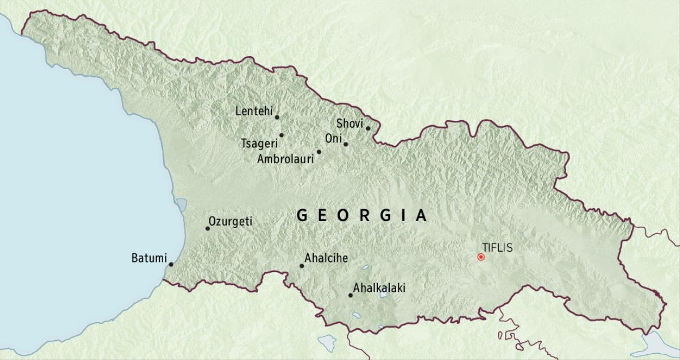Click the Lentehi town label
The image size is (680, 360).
tap(253, 111)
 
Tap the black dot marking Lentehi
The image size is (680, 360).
tap(277, 117)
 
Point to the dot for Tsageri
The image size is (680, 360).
tap(282, 135)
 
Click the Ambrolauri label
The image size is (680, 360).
tap(285, 159)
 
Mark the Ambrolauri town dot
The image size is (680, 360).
tap(319, 152)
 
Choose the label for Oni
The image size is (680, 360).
tap(333, 139)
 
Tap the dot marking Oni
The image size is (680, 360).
tap(346, 144)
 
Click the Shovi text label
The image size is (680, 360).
tap(349, 123)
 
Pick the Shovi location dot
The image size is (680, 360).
tap(368, 128)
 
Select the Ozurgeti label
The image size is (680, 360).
tap(230, 221)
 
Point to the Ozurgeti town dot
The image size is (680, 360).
tap(208, 228)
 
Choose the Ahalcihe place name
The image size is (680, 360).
tap(326, 259)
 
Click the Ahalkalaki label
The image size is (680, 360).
tap(379, 288)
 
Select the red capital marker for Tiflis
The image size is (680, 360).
tap(481, 257)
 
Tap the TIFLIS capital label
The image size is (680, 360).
tap(498, 247)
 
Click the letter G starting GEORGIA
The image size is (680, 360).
tap(303, 215)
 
